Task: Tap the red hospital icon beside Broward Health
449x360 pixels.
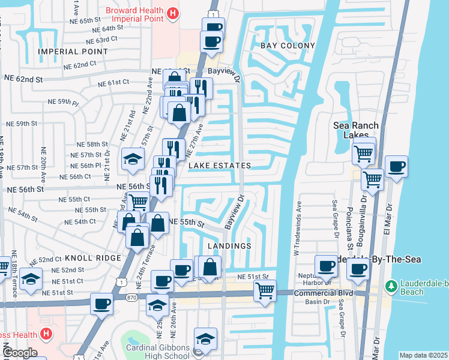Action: [x=173, y=13]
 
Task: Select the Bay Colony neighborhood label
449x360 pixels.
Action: [x=288, y=46]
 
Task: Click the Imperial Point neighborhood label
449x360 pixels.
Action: [x=73, y=52]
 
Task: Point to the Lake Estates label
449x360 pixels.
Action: [x=219, y=165]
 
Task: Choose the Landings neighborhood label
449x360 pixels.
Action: [x=229, y=246]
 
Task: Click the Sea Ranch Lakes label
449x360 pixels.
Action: [x=357, y=130]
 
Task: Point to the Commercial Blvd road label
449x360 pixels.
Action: [x=323, y=293]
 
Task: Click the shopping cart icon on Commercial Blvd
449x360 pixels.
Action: [x=265, y=291]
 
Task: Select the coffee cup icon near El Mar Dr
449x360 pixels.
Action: [x=396, y=167]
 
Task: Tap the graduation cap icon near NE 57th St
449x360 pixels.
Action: [x=133, y=158]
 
